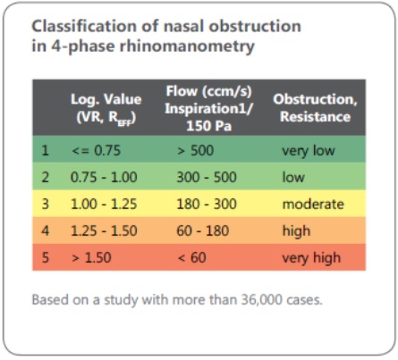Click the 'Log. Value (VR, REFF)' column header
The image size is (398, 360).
(106, 108)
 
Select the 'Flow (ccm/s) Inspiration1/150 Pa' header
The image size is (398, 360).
(208, 108)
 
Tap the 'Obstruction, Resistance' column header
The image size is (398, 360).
(315, 108)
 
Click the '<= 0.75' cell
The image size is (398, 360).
(96, 150)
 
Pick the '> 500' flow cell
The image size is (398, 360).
(196, 150)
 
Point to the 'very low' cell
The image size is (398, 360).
(309, 151)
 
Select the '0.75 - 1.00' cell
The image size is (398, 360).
(104, 177)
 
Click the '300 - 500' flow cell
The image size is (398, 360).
(207, 177)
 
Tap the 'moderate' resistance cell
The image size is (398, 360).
(313, 205)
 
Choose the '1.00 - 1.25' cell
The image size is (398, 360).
(104, 205)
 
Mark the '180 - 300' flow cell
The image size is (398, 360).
(207, 205)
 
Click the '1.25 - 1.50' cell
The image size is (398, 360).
(104, 231)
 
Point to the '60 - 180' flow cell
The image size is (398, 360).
(203, 231)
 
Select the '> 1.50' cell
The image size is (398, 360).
(91, 257)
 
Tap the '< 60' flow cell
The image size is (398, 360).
(191, 257)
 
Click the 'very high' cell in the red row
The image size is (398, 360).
(311, 258)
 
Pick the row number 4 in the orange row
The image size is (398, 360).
(46, 231)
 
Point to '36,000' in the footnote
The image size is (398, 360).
(261, 300)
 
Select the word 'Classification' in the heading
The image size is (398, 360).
(84, 26)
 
